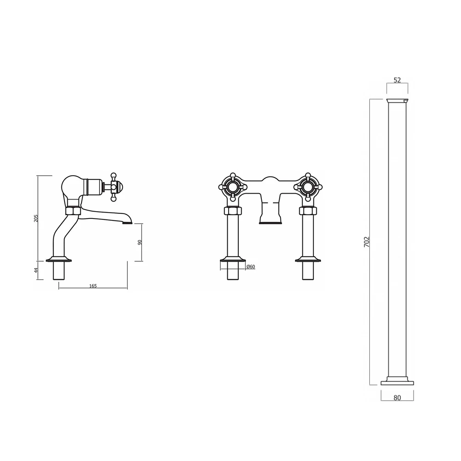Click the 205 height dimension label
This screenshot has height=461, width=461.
[36, 218]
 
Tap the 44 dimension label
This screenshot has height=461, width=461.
[36, 270]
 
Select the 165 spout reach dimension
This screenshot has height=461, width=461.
[93, 286]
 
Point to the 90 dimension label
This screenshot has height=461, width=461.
[140, 242]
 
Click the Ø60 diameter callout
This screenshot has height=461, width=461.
[251, 266]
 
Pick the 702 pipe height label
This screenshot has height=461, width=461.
[366, 242]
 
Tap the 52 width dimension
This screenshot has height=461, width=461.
[397, 80]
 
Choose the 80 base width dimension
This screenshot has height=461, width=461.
[397, 398]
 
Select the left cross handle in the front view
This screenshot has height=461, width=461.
[233, 187]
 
